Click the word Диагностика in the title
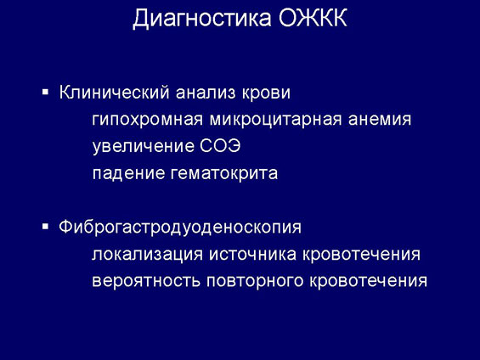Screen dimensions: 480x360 (202, 19)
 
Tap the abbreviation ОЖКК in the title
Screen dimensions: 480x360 (313, 18)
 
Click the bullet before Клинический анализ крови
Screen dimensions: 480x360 (46, 92)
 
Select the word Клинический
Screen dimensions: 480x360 (114, 92)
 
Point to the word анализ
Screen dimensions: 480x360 (206, 93)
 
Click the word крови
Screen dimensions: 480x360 (266, 93)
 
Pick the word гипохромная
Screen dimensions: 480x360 (147, 120)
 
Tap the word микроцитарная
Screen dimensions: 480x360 (275, 120)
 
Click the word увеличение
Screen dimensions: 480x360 (144, 147)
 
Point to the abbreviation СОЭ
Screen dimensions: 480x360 (220, 146)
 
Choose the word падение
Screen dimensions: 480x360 (128, 173)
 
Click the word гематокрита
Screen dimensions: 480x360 (224, 173)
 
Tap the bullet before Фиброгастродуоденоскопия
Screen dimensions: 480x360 (46, 227)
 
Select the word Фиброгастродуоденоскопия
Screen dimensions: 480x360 (180, 228)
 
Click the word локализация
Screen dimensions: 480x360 (147, 255)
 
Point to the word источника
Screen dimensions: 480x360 (253, 255)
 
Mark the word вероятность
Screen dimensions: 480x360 (146, 281)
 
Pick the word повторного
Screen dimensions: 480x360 (255, 281)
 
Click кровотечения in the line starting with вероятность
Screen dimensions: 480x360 (368, 281)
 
